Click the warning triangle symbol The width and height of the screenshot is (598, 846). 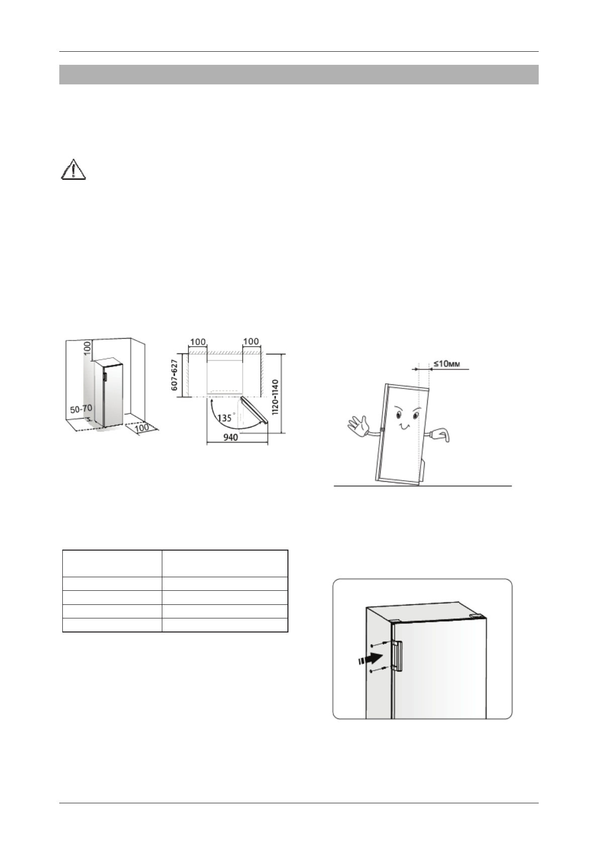73,170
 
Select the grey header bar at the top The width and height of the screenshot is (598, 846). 298,74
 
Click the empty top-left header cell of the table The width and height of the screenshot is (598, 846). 112,563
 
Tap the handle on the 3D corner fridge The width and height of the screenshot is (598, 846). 103,377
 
